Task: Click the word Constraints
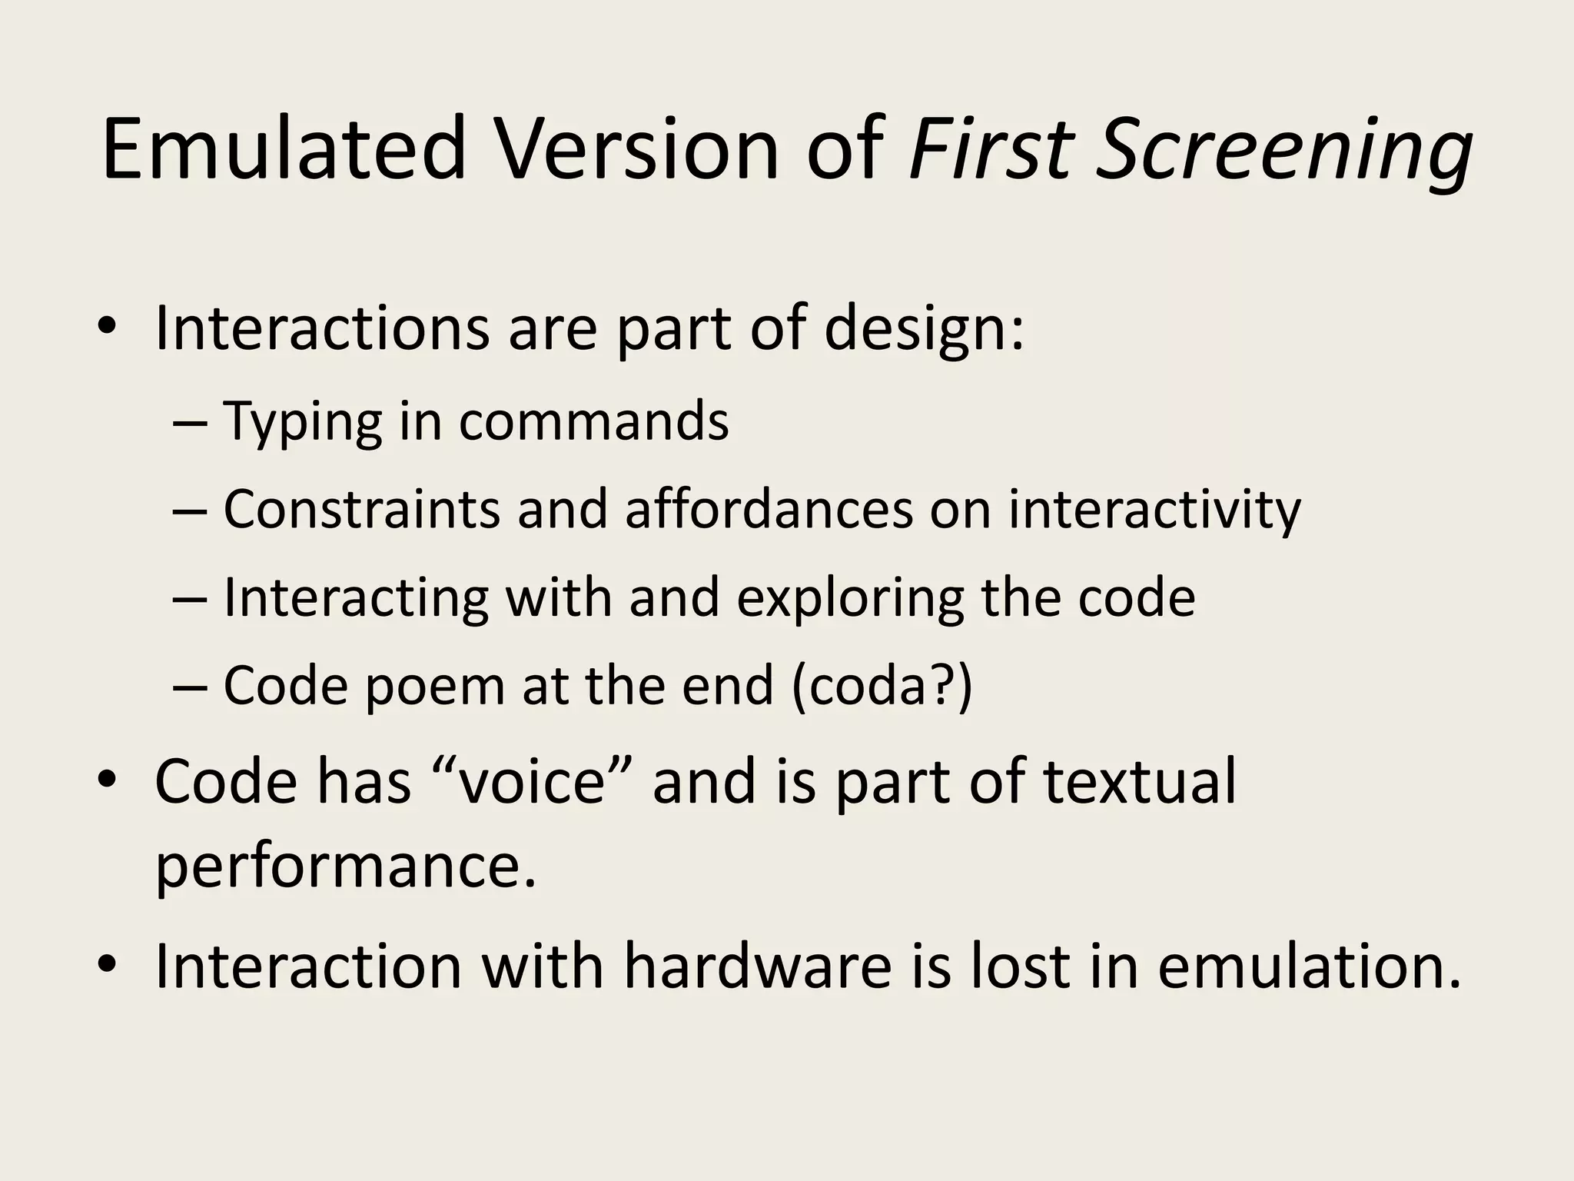click(361, 509)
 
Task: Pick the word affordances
click(769, 509)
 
